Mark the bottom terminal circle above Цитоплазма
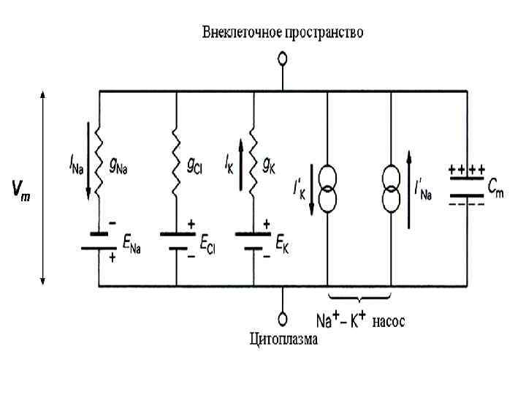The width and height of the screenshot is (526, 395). coord(281,319)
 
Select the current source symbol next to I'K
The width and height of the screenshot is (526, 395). coord(326,189)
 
